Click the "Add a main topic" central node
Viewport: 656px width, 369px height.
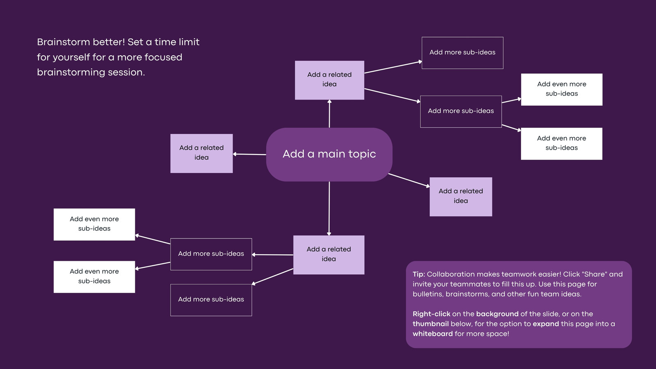(329, 154)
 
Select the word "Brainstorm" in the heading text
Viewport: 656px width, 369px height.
(63, 42)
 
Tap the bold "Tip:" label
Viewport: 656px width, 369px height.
(419, 274)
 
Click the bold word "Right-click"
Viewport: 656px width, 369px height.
(431, 314)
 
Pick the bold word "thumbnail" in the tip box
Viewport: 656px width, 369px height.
(430, 323)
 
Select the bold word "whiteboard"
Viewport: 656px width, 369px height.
(433, 334)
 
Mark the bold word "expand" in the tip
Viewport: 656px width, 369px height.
(546, 324)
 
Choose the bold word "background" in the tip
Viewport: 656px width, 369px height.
(497, 314)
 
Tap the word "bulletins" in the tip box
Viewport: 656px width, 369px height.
(428, 294)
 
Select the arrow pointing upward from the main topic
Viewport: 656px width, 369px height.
(330, 114)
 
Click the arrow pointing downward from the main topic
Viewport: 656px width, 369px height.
(329, 209)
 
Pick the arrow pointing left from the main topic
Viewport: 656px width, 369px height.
(250, 154)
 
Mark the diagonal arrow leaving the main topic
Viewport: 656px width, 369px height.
(409, 180)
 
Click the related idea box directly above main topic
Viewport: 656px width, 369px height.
(330, 80)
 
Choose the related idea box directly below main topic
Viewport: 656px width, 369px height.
(329, 255)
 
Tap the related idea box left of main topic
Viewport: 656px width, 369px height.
(201, 153)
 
